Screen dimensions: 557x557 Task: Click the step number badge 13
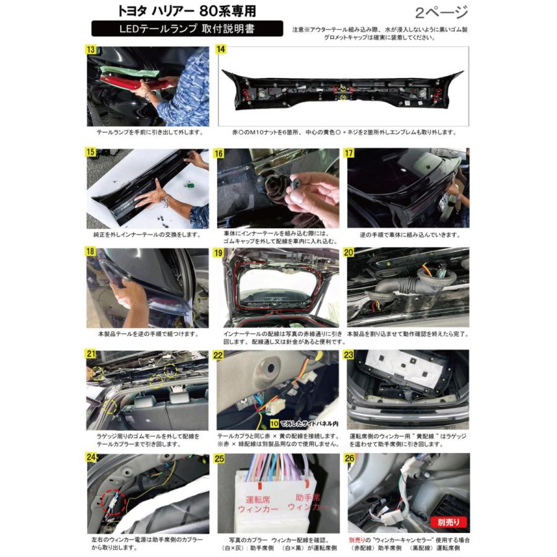(92, 50)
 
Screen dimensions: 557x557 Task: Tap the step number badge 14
(222, 50)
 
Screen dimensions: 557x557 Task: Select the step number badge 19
(221, 253)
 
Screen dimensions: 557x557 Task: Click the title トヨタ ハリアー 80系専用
(186, 11)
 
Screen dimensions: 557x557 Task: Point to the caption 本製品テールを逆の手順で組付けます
(148, 334)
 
